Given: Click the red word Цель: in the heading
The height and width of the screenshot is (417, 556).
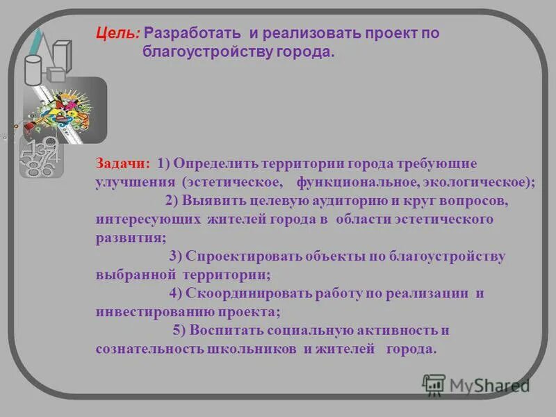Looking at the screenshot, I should tap(118, 33).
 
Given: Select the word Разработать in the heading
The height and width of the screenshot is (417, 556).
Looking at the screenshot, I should tap(193, 33).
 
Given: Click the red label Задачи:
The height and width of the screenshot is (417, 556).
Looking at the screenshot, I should tap(122, 164).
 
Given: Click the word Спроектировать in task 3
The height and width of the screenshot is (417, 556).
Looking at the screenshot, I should tap(246, 256).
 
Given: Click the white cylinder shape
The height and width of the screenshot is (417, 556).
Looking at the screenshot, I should tap(33, 69).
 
